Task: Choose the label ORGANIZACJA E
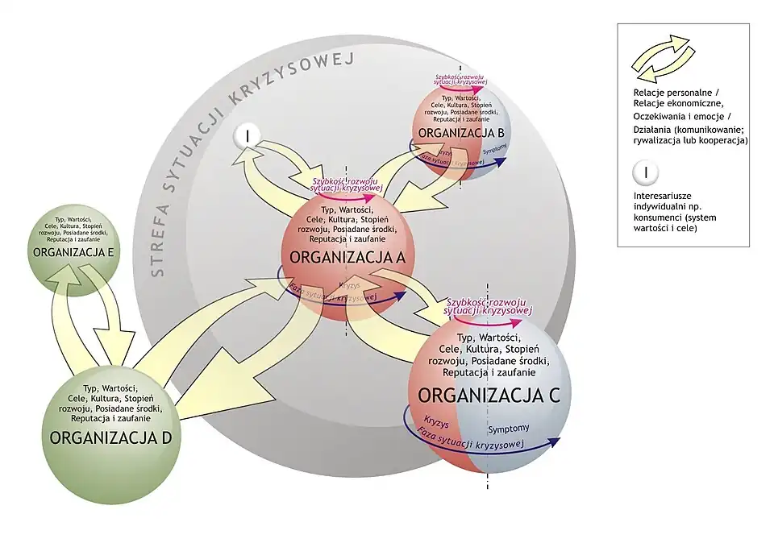point(73,252)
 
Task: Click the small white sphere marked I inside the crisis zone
point(247,137)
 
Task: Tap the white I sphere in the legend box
point(646,172)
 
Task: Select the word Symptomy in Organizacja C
point(510,429)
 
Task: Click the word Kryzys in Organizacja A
point(349,286)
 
